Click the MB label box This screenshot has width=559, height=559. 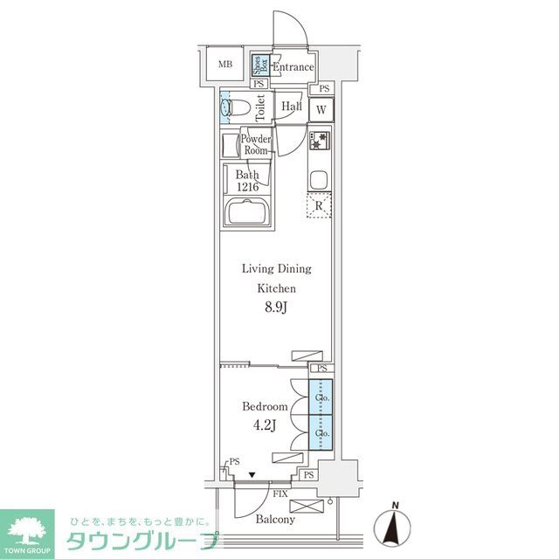pos(225,65)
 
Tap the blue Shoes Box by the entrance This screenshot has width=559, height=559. pos(259,65)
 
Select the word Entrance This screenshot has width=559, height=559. pos(293,67)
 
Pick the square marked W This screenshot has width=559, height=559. pos(321,109)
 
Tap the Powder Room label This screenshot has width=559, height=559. pos(255,145)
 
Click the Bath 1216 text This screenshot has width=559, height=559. pos(248,180)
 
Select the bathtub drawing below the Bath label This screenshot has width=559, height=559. pos(248,213)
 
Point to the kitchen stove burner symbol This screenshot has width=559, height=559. pos(318,140)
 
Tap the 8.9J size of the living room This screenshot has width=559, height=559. pos(276,307)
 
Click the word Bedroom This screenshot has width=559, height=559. pos(265,407)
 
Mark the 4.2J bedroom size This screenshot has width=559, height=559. pos(265,425)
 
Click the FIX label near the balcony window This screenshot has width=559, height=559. pos(279,493)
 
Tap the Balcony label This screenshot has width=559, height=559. pos(275,520)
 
